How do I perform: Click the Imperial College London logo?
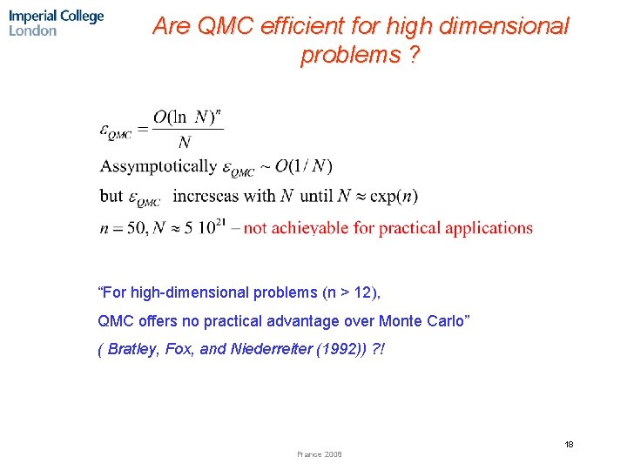(x=57, y=23)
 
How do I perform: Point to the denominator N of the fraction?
(x=184, y=143)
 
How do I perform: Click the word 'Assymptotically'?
(x=158, y=165)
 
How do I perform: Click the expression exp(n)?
(x=396, y=196)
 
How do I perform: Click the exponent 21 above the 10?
(x=222, y=221)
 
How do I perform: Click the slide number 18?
(x=569, y=444)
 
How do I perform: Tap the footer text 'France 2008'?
(x=319, y=454)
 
